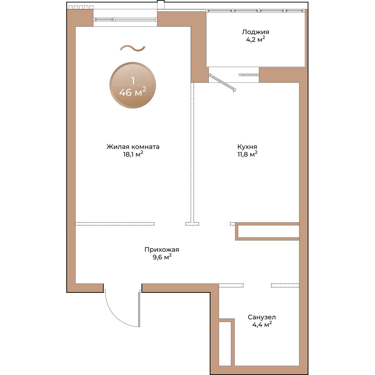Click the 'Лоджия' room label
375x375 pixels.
(x=255, y=32)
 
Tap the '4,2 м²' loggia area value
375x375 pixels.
(x=255, y=39)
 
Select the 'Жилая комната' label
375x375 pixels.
(x=133, y=147)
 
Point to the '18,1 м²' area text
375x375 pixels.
(x=133, y=154)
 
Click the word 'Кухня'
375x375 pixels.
(x=247, y=147)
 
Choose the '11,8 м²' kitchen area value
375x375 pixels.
(x=247, y=154)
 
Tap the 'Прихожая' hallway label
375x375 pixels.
(x=162, y=250)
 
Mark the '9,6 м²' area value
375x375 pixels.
(x=162, y=257)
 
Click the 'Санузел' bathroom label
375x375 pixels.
(x=262, y=317)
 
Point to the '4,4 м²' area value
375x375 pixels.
(x=262, y=324)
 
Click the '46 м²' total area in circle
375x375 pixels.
(x=133, y=92)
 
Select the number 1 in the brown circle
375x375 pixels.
(x=133, y=81)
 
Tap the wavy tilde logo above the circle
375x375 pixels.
(x=132, y=48)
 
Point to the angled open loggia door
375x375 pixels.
(x=222, y=82)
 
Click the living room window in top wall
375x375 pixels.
(x=125, y=19)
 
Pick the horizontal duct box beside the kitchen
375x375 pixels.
(x=268, y=231)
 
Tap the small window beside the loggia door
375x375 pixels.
(x=249, y=75)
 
